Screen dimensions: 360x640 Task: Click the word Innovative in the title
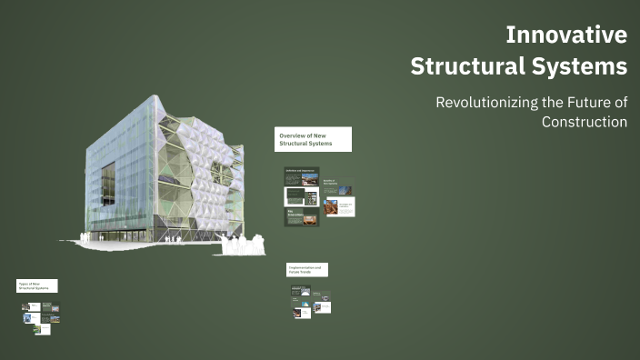565,35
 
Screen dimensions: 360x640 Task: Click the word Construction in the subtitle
585,121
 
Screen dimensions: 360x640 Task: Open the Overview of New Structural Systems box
313,139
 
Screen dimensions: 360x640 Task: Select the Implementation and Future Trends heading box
307,269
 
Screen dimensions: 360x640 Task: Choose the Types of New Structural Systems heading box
36,285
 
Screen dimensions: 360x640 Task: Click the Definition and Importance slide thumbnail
302,176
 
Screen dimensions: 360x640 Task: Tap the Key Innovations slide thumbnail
302,216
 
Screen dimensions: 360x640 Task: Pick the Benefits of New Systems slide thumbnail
338,185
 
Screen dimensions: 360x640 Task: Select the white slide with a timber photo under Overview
338,207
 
